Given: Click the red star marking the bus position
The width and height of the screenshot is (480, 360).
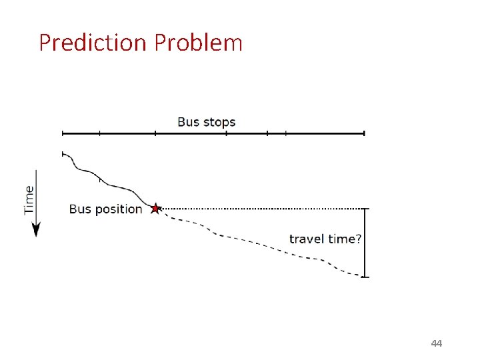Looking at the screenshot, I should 155,209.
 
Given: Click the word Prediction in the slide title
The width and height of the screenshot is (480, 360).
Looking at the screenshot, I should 92,43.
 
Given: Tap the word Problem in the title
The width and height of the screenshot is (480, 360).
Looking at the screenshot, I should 198,43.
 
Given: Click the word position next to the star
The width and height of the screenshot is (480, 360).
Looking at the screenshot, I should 119,209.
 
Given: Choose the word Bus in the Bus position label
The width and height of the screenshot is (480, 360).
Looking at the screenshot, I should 80,209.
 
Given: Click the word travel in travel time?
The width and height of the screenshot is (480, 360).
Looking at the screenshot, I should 306,239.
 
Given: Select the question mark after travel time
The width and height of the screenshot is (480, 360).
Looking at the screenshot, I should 358,239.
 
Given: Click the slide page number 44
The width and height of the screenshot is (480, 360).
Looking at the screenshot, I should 437,343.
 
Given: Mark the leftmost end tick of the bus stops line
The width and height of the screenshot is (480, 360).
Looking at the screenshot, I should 62,133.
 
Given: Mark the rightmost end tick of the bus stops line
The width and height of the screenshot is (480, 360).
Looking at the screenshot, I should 365,133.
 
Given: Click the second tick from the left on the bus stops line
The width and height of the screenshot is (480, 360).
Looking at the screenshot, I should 100,133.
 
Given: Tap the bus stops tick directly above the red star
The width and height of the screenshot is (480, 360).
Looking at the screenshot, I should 155,133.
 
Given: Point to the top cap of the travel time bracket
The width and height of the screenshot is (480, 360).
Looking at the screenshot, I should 364,209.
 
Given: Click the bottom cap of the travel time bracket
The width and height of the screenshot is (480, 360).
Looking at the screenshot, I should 364,277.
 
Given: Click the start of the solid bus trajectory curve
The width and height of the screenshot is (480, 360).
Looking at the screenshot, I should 63,154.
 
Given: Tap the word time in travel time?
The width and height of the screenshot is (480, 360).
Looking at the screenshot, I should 338,239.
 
